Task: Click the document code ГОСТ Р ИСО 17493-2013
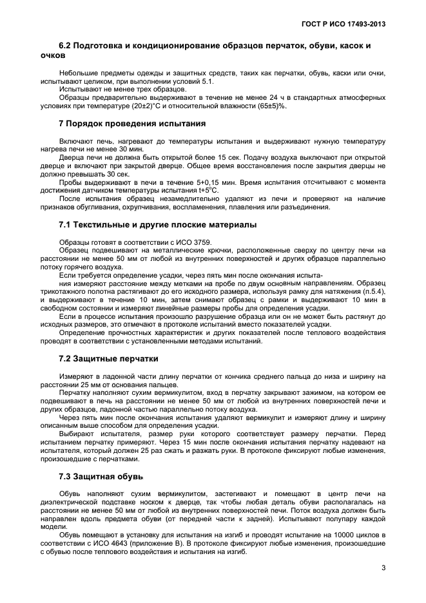tap(349, 24)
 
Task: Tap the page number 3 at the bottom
tap(383, 568)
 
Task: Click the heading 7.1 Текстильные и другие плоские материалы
tap(158, 224)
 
